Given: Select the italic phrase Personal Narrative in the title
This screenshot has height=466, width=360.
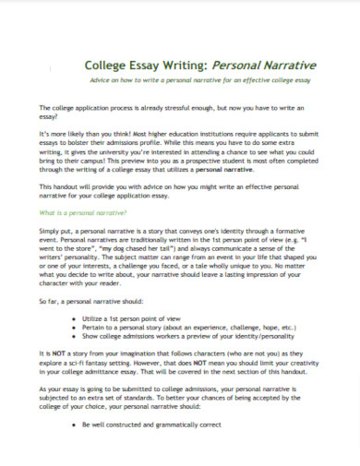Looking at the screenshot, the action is click(x=263, y=66).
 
